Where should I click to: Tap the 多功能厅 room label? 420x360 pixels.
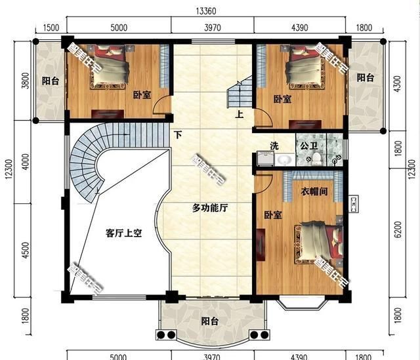coord(209,209)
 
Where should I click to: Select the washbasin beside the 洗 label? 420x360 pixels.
coord(283,159)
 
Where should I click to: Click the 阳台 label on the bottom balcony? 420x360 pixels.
coord(209,321)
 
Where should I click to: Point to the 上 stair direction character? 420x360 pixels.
coord(240,112)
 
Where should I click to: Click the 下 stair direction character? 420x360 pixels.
coord(178,134)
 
